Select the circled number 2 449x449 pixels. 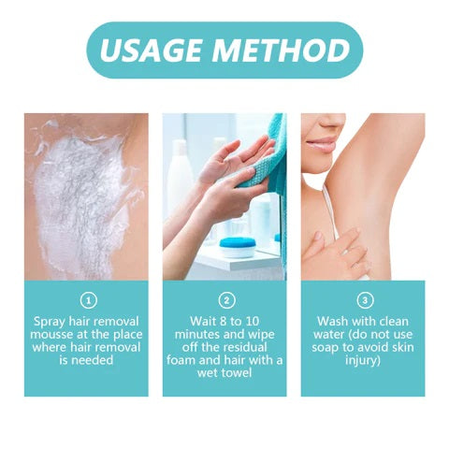pyautogui.click(x=224, y=301)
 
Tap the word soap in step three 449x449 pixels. pyautogui.click(x=333, y=346)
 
